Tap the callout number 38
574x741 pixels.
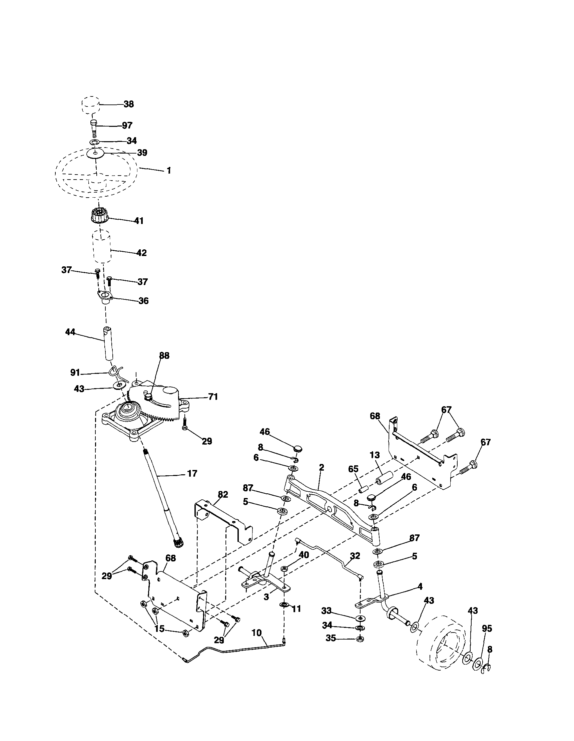[128, 104]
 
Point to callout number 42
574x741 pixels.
[141, 253]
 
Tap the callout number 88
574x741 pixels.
[164, 355]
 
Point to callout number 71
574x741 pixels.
[213, 396]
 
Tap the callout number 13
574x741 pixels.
[375, 455]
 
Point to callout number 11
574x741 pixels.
[296, 609]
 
